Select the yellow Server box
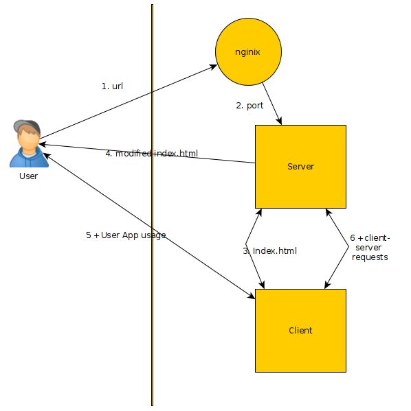(300, 167)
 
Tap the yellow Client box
(300, 330)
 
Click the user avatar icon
(26, 143)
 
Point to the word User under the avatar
(28, 176)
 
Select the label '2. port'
(249, 106)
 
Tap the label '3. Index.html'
(269, 251)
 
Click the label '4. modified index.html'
(151, 153)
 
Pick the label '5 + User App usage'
(126, 235)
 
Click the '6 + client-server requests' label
(370, 247)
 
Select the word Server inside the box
(300, 167)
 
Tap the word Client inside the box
(300, 330)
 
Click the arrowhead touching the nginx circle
(212, 67)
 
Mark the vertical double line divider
(152, 206)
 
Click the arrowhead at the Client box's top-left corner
(251, 296)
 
